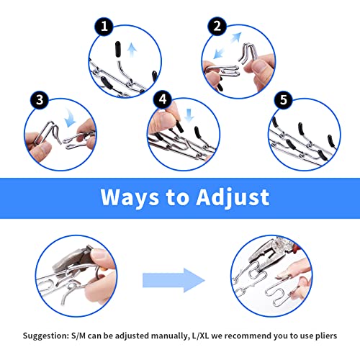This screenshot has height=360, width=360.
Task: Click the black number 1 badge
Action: (104, 27)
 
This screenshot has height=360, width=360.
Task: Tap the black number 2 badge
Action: (217, 26)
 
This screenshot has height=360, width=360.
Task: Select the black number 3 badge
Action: (40, 100)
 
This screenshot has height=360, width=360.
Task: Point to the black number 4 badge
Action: (163, 99)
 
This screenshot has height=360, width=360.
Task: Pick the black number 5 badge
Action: (284, 100)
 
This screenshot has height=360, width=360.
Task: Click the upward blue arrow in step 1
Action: (132, 50)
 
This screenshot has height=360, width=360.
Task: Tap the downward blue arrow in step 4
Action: (189, 115)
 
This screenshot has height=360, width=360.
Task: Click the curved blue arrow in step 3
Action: (71, 118)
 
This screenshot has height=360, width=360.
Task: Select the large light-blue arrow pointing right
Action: (174, 280)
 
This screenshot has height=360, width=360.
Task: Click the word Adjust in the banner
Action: (233, 198)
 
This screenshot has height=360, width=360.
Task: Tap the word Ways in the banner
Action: (130, 198)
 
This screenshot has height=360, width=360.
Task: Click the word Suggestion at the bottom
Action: (46, 336)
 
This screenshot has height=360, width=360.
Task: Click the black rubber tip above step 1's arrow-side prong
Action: (117, 49)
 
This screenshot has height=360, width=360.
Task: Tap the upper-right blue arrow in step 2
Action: (236, 37)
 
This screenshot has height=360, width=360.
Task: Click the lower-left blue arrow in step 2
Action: (219, 53)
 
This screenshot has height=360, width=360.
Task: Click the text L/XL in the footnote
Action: (200, 336)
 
